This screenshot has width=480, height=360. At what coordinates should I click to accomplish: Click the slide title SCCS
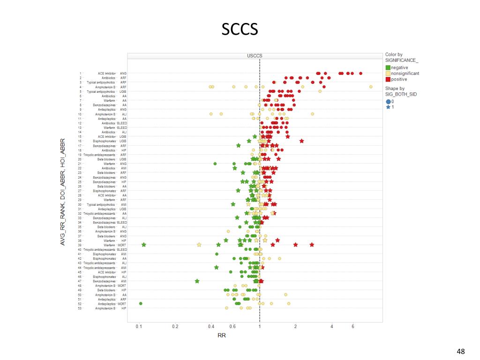240,30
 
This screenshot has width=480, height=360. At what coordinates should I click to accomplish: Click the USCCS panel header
255,56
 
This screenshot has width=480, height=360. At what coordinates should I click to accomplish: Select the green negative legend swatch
388,68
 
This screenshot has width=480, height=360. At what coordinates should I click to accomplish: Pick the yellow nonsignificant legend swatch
388,74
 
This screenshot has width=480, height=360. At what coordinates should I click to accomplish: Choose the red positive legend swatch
388,79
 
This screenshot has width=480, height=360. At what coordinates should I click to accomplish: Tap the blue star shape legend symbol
388,107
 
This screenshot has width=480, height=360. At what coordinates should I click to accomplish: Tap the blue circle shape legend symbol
388,102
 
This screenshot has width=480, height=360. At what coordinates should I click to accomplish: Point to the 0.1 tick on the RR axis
139,326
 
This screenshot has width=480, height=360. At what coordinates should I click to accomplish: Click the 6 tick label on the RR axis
353,326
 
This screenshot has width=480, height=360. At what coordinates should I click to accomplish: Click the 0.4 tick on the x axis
211,326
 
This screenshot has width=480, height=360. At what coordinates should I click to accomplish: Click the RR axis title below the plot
222,336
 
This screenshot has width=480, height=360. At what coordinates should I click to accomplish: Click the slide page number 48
460,352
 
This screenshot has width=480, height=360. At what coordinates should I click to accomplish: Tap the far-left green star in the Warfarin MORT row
144,245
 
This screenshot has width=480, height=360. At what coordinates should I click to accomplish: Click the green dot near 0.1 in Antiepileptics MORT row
141,304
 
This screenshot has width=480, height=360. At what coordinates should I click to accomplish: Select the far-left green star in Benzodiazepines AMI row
197,281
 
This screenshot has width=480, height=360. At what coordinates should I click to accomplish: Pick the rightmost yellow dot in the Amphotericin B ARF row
371,87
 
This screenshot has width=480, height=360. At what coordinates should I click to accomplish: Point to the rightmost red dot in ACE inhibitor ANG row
360,73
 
